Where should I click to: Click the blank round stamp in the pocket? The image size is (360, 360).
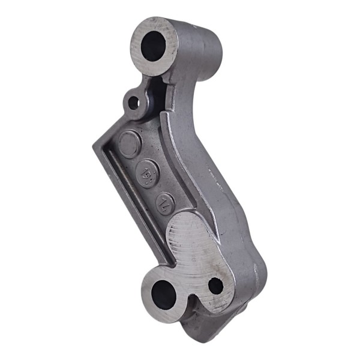coord(128,144)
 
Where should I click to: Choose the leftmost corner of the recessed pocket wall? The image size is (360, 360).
coord(96,147)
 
